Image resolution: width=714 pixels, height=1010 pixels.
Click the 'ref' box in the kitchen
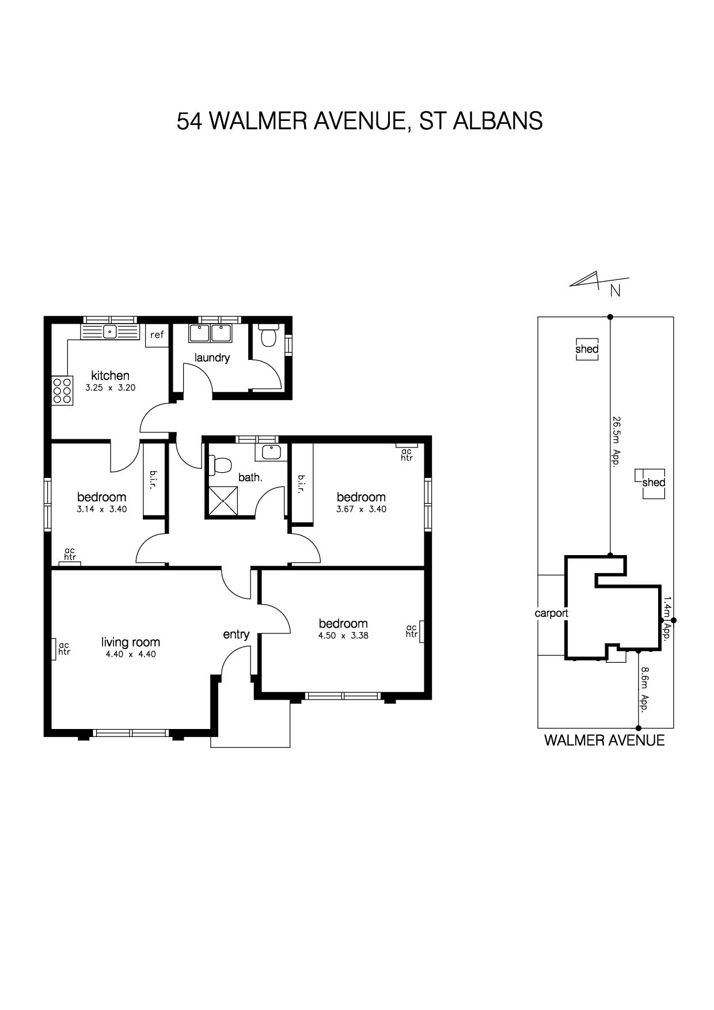click(157, 335)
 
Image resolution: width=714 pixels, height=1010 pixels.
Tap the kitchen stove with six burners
click(62, 390)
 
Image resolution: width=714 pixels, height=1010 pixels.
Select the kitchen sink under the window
click(110, 332)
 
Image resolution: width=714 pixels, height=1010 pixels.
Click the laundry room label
click(212, 358)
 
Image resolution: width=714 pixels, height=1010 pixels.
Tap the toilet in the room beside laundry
click(269, 336)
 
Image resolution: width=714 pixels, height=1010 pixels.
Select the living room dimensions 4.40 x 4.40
click(131, 654)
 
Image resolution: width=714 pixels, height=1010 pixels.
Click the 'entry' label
click(236, 635)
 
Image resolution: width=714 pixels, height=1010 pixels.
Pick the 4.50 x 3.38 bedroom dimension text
click(343, 636)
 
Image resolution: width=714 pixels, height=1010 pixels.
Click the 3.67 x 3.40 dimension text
click(361, 509)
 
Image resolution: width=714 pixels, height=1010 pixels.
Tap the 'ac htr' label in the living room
click(64, 648)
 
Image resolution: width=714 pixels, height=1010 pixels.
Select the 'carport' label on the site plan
click(552, 613)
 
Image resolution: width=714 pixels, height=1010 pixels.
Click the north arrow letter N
click(616, 291)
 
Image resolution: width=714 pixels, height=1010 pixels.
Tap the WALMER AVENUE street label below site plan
click(605, 741)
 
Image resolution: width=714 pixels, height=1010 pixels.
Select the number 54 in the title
click(188, 121)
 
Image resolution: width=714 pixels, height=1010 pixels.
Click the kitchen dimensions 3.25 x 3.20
click(111, 388)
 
